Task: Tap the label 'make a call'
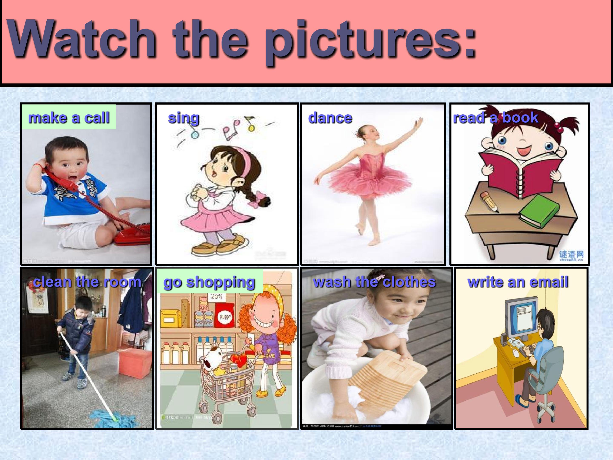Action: (x=69, y=118)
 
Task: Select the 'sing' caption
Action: (x=183, y=118)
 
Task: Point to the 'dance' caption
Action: (x=330, y=118)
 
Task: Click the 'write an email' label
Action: (x=518, y=282)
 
